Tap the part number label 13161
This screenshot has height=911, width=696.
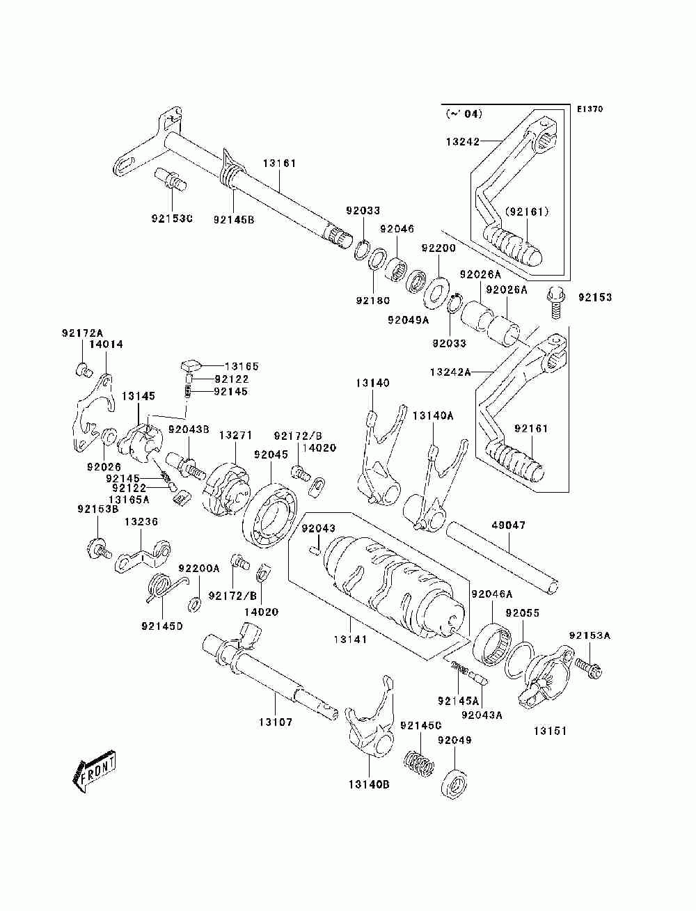279,164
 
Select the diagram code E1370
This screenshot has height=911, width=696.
590,109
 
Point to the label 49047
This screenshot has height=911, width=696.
508,525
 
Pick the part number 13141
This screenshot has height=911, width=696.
350,639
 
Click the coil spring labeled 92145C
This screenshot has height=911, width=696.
419,764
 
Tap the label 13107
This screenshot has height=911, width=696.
276,722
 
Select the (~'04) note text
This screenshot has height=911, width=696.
464,113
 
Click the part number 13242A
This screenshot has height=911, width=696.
450,372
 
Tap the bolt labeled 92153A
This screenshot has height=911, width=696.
587,669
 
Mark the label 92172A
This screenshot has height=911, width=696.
83,333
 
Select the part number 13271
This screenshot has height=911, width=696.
236,436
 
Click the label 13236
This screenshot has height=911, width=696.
141,521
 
